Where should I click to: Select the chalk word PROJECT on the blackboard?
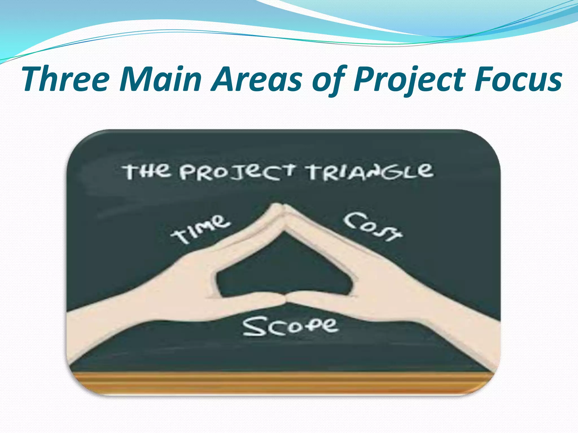point(237,172)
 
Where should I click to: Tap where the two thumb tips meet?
point(285,299)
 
